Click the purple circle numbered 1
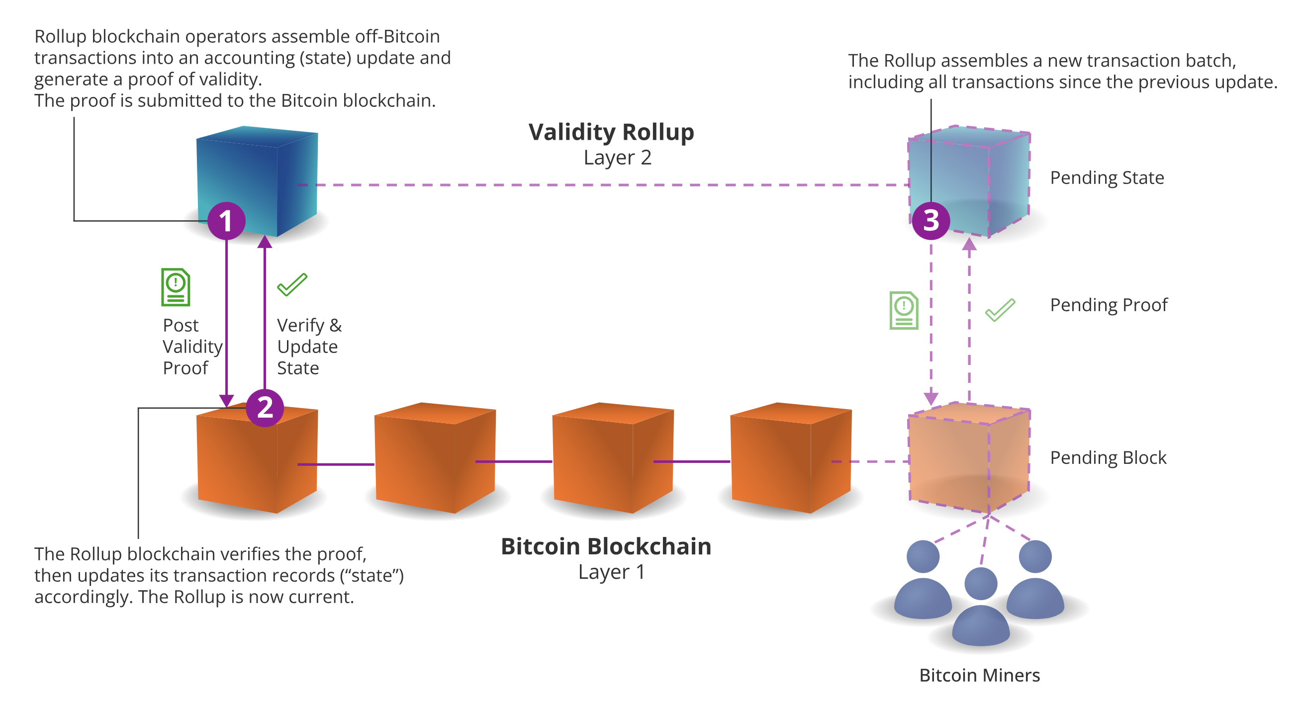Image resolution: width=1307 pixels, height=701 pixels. click(226, 221)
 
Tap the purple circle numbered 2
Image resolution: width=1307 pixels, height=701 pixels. click(265, 407)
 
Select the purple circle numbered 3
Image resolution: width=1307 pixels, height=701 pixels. click(931, 221)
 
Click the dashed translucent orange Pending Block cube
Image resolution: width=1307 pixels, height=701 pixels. click(969, 459)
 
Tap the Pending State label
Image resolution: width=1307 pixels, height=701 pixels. click(1107, 178)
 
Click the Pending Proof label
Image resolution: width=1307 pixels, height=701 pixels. click(1109, 305)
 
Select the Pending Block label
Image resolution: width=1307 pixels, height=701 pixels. click(1108, 457)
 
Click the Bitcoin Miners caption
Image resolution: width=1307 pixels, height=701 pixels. click(979, 675)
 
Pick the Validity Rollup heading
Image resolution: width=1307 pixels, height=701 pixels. click(611, 132)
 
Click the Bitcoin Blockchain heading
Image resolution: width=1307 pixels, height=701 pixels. click(606, 546)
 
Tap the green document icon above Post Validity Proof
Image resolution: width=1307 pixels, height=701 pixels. click(176, 287)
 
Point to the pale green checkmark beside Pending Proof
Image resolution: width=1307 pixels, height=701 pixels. click(1000, 309)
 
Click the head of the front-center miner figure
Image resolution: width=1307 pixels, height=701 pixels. click(980, 583)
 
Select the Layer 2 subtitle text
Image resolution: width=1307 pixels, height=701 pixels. click(617, 158)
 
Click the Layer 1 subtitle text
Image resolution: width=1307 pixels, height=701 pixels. click(611, 572)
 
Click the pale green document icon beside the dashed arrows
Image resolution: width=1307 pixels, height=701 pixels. click(904, 310)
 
